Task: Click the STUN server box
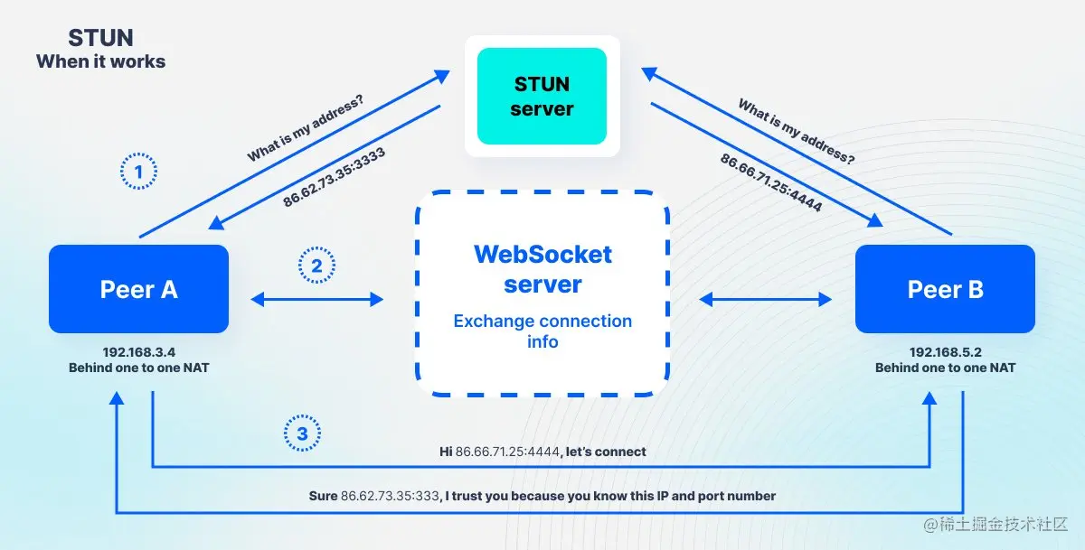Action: [x=542, y=97]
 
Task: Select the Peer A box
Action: [x=138, y=289]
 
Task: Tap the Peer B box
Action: [x=945, y=289]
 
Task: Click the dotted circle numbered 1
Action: [x=138, y=171]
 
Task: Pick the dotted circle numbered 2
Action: [x=316, y=266]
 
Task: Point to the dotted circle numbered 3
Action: [x=302, y=434]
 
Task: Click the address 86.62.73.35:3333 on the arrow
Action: [x=335, y=178]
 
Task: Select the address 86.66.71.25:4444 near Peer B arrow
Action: [x=770, y=183]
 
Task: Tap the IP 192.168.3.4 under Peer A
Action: [x=138, y=352]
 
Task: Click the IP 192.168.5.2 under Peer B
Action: [x=945, y=352]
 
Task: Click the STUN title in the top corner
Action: [x=100, y=38]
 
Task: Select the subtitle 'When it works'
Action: [x=100, y=62]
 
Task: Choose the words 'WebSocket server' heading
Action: [x=542, y=268]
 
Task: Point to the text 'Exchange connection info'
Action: [x=542, y=331]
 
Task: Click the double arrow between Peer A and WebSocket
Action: [x=317, y=299]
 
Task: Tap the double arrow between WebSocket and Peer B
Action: [x=765, y=299]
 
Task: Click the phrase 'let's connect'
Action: [x=606, y=451]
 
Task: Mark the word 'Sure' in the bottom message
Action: [x=323, y=496]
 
